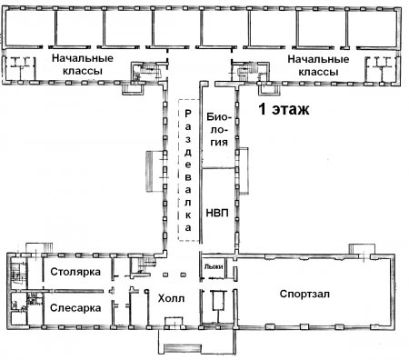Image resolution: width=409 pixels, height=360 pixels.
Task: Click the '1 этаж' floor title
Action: [284, 109]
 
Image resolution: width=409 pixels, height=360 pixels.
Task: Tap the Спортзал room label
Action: [304, 294]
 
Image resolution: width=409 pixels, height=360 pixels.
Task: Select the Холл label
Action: [171, 298]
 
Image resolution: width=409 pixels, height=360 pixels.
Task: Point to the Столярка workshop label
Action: [75, 272]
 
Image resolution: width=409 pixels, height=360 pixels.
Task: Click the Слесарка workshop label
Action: [75, 308]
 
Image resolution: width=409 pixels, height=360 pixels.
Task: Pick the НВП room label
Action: [217, 213]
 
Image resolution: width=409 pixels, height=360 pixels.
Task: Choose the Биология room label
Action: [219, 129]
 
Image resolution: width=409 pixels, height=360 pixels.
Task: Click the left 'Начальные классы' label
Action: [83, 65]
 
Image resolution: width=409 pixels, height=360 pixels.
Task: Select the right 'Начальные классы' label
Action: [318, 65]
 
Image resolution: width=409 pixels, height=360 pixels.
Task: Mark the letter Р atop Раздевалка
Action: [188, 114]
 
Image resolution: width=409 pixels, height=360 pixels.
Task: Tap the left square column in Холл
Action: [165, 275]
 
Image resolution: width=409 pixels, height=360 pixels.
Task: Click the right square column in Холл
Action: [183, 275]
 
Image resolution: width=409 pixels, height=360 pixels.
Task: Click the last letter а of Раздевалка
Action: [188, 228]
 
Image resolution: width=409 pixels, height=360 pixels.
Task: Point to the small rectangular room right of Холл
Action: [218, 300]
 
